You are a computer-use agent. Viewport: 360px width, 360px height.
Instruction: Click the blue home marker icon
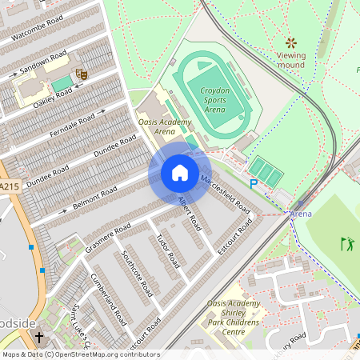pos(180,173)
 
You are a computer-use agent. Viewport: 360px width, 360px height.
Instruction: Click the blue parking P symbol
pos(254,184)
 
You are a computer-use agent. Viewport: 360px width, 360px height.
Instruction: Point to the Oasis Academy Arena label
pos(165,126)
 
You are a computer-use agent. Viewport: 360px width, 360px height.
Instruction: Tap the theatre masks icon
pos(81,73)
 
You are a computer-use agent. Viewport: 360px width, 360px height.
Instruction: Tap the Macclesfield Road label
pos(226,193)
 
